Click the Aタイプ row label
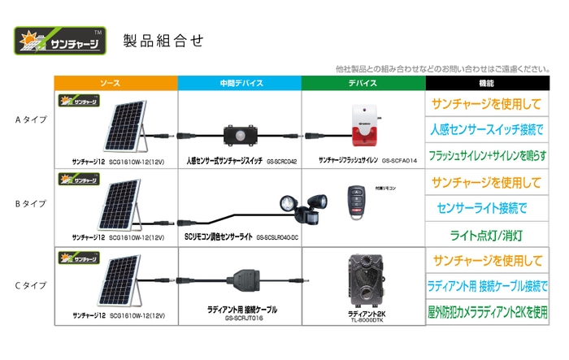[31, 119]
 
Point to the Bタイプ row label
[31, 202]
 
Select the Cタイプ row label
[31, 285]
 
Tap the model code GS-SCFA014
[398, 162]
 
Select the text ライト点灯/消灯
[486, 236]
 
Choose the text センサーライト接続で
[486, 207]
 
